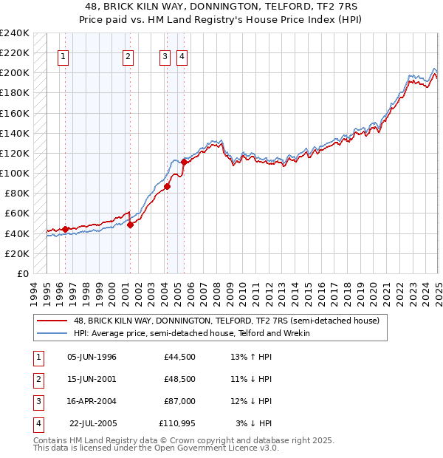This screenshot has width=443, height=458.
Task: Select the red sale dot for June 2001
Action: tap(130, 225)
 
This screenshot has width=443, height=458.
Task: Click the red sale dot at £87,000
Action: tap(168, 186)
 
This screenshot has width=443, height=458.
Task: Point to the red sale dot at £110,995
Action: tap(184, 162)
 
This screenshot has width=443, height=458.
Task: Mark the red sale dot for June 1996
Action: tap(65, 229)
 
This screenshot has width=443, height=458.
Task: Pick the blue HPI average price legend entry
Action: tap(191, 333)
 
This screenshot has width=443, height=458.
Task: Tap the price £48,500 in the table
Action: tap(179, 379)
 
